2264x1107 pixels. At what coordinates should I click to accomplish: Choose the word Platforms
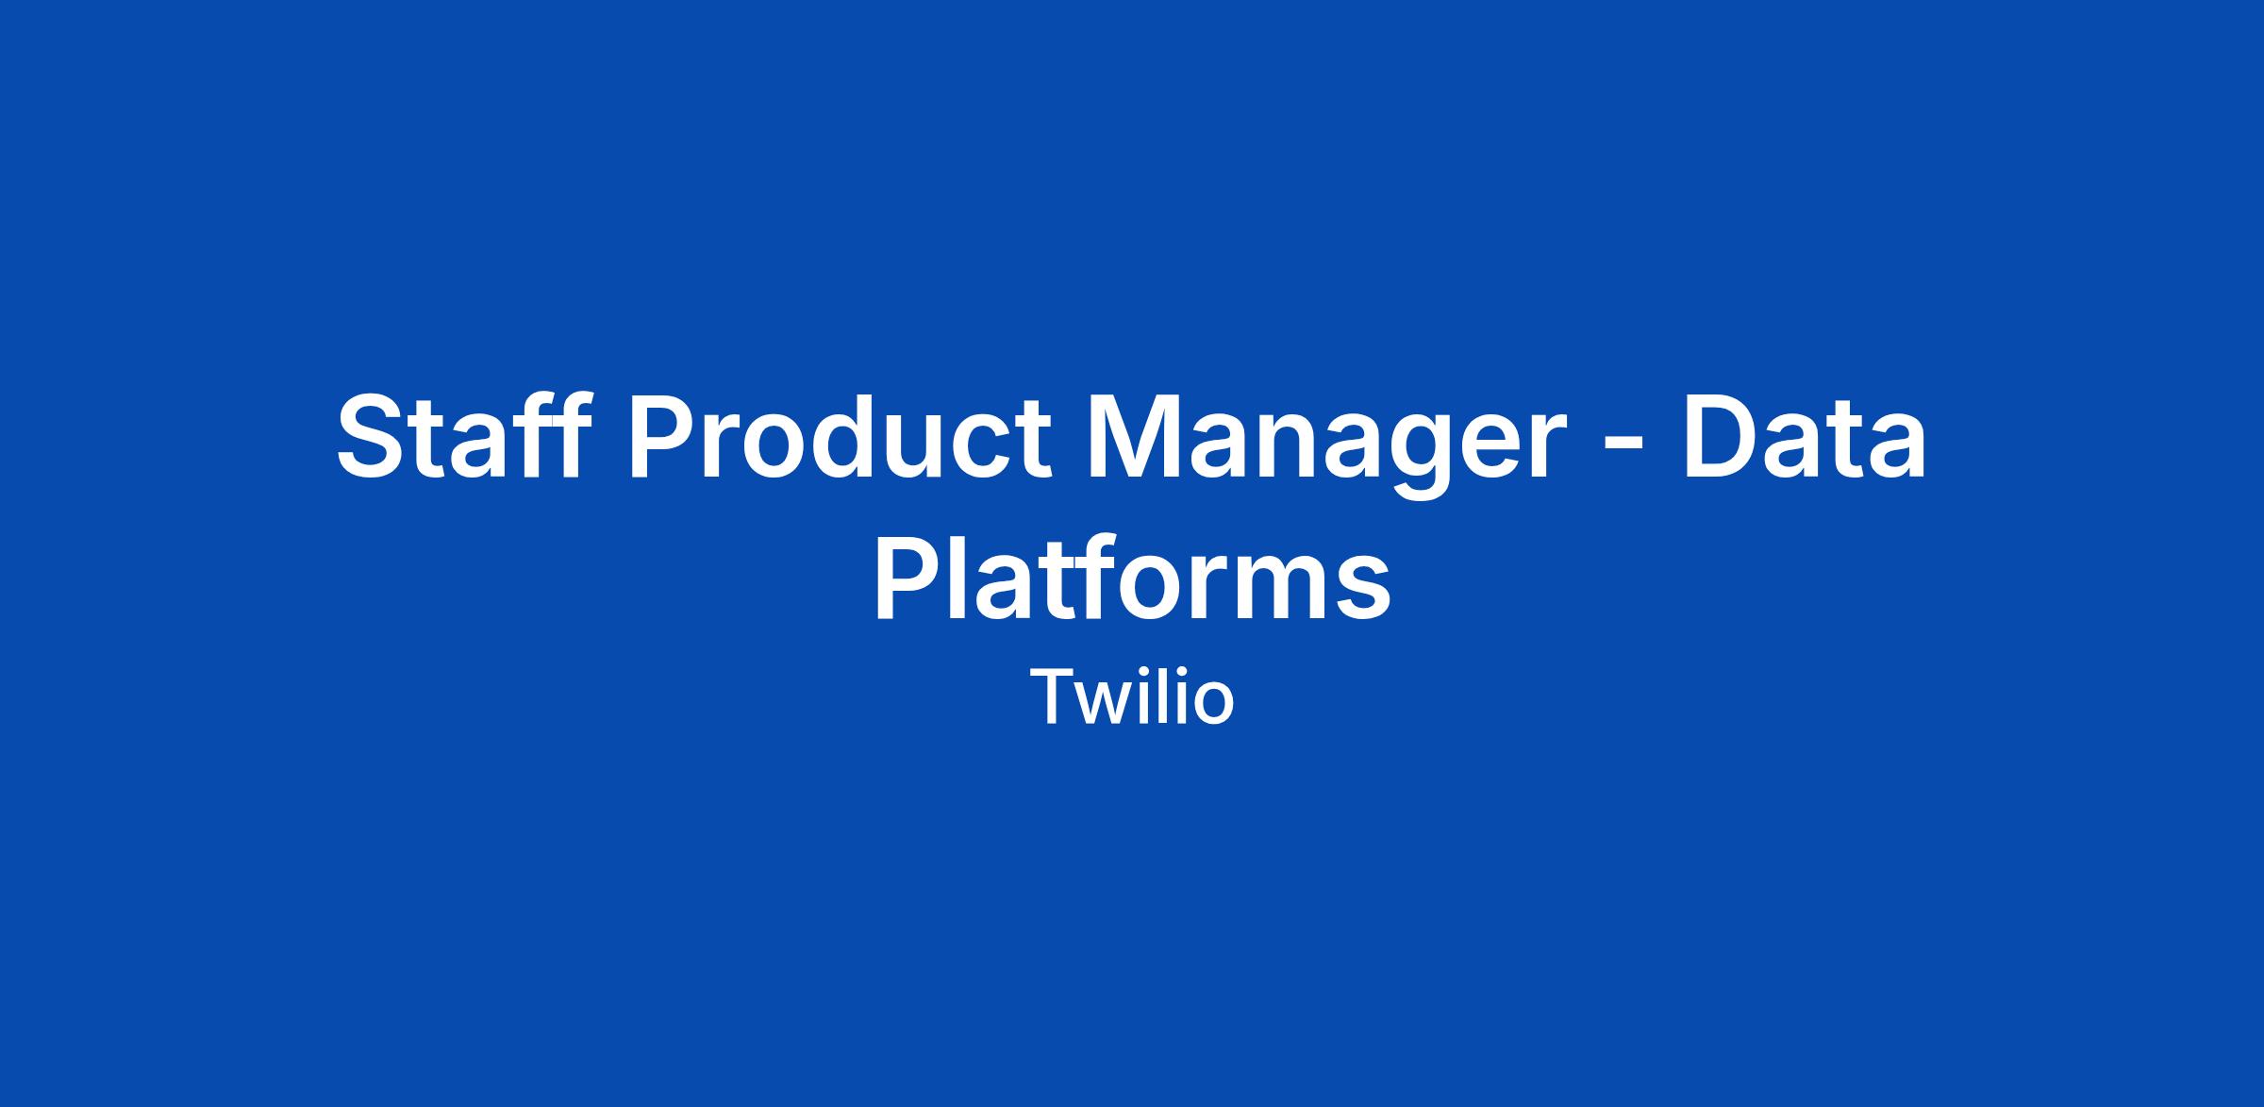click(1132, 576)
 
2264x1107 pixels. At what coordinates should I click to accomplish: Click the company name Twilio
click(1132, 696)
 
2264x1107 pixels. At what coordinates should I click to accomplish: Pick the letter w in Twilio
click(1112, 703)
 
